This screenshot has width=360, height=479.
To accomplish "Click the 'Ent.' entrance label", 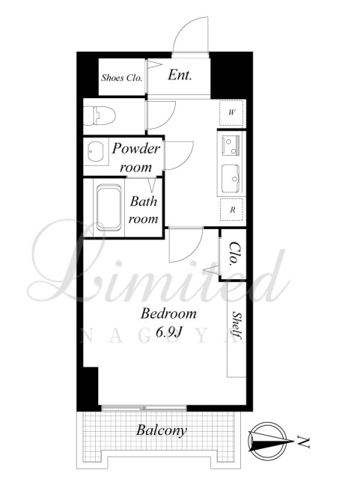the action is click(180, 75).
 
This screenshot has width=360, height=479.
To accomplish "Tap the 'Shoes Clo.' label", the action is click(122, 78).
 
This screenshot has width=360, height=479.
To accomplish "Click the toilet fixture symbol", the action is click(100, 115).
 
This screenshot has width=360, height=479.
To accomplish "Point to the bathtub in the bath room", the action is click(109, 207).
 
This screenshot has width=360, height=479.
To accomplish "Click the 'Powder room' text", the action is click(135, 158).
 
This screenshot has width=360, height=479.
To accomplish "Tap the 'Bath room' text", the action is click(143, 210).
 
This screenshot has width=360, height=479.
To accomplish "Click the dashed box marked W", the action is click(232, 113).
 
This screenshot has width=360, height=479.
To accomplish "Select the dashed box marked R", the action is click(232, 210).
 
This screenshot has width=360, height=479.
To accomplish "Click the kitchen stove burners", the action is click(231, 145).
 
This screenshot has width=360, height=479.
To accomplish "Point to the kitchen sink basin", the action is click(230, 178).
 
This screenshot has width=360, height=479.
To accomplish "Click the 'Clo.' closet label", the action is click(234, 253).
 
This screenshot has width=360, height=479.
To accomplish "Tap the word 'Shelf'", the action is click(237, 325).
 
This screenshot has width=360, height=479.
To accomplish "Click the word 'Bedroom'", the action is click(168, 314).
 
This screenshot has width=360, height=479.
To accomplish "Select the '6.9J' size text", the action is click(169, 332).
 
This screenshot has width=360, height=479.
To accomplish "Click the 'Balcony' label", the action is click(162, 430).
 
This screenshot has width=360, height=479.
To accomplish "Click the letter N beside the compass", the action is click(303, 442).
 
